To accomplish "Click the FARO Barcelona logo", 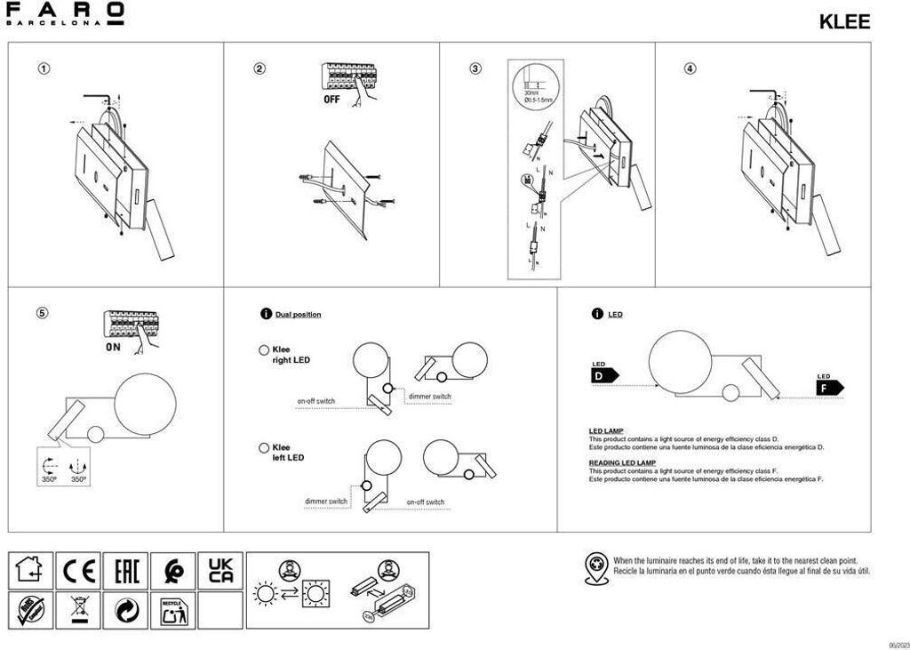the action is point(65,14).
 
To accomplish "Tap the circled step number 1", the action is point(44,69).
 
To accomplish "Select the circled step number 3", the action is point(475,69).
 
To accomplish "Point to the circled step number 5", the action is point(44,312).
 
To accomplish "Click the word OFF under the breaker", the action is point(331,100).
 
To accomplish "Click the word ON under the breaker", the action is point(113,347).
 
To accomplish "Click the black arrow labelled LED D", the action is point(603,375).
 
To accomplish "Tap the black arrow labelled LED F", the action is point(828,388).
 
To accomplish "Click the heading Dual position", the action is point(298,315).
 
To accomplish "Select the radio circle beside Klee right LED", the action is point(264,350).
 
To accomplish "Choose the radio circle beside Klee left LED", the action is point(264,448).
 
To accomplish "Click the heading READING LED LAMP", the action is point(622,463).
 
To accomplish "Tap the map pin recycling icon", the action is point(597,567).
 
